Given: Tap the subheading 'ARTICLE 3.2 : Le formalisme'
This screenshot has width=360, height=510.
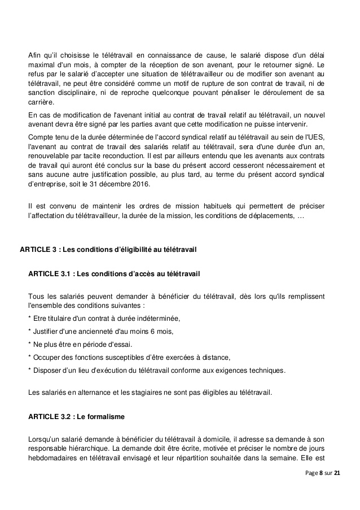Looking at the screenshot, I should (x=76, y=417).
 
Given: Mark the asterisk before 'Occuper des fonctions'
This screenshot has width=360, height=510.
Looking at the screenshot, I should (x=29, y=358).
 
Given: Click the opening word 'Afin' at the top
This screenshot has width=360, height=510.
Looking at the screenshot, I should (x=35, y=54).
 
